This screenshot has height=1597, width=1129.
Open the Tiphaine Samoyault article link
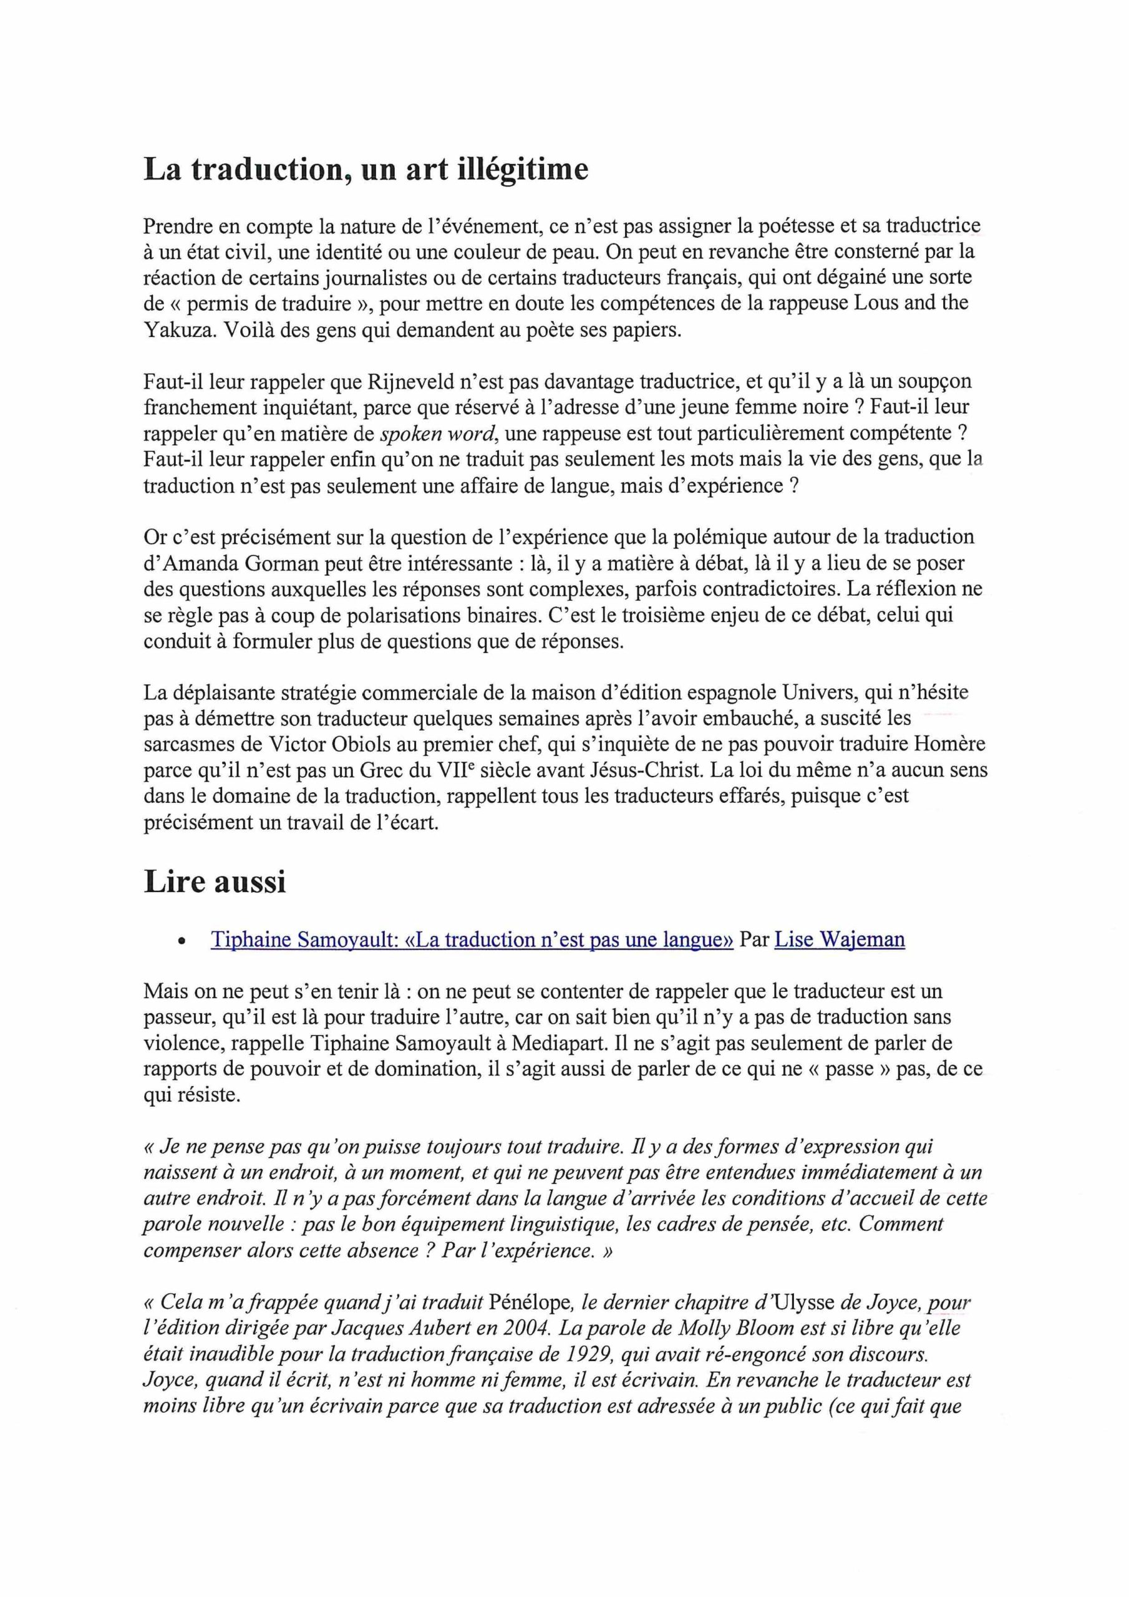(x=472, y=939)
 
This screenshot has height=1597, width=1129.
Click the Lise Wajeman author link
(x=839, y=939)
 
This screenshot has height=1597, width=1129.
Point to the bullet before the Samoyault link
(x=182, y=942)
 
